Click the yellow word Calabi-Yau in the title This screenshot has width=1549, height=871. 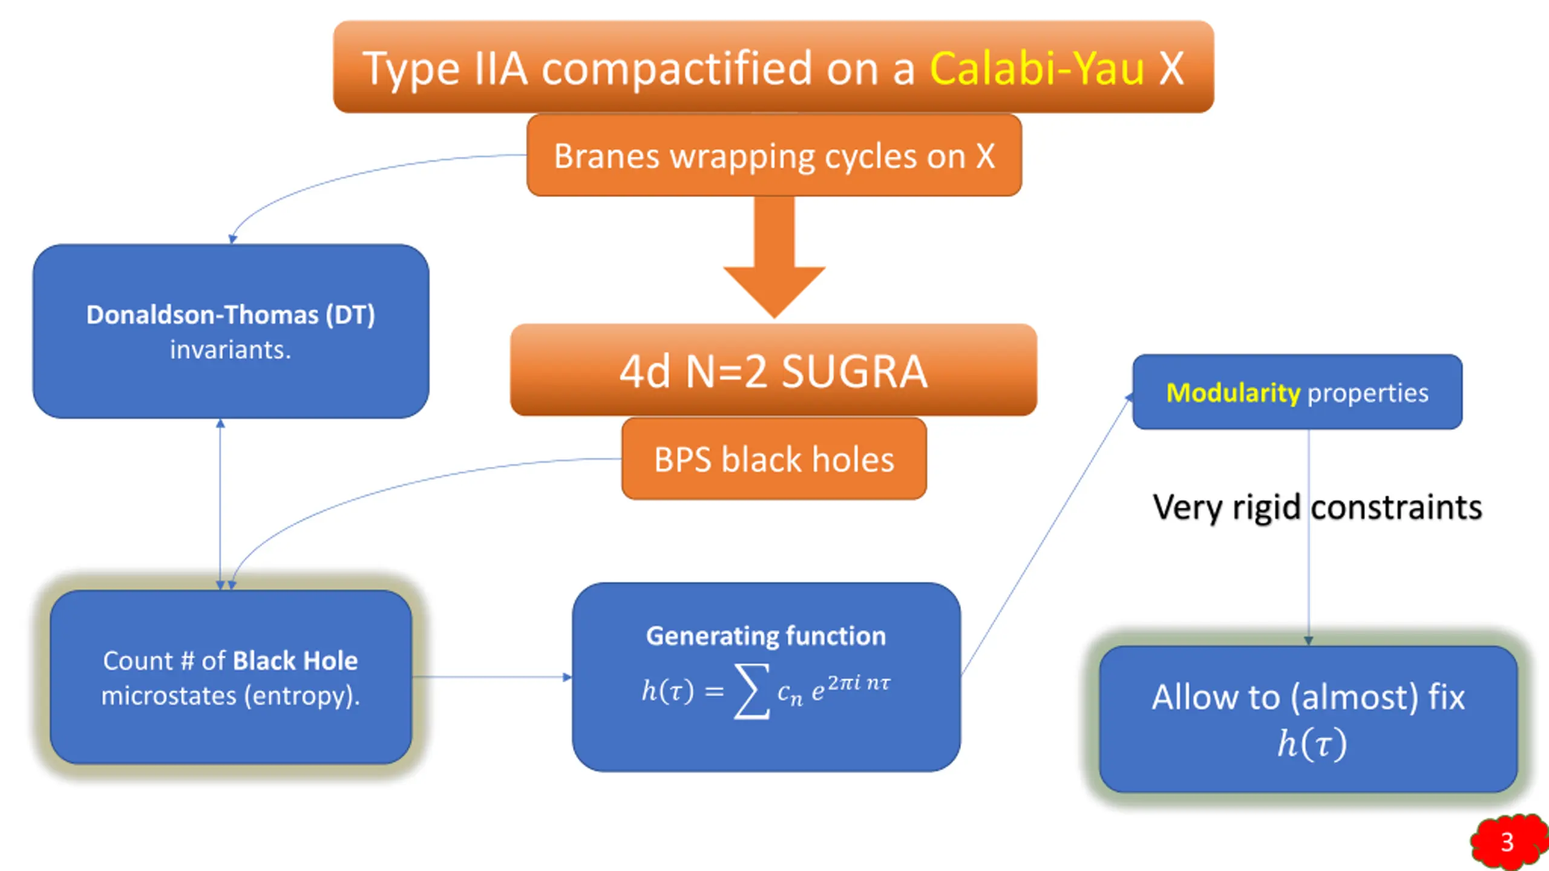pos(1036,68)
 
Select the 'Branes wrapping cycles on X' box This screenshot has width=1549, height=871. pos(774,155)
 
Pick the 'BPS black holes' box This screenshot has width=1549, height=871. pos(774,458)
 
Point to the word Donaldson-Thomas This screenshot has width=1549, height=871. pos(202,315)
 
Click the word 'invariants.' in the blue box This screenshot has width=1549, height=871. pos(231,350)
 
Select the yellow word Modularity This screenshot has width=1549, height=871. pos(1233,393)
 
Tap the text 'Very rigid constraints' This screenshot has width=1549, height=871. pos(1317,507)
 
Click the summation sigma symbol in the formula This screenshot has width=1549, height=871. pos(752,691)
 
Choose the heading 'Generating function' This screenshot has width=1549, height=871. pos(766,636)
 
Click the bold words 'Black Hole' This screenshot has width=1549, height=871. pos(295,661)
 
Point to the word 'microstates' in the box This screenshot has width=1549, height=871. pos(169,696)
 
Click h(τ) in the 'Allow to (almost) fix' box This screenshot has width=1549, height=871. pos(1311,743)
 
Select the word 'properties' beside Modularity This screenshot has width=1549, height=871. pos(1368,394)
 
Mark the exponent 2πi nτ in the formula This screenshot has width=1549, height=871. pos(859,683)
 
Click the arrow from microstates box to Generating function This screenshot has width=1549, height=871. pos(492,677)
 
